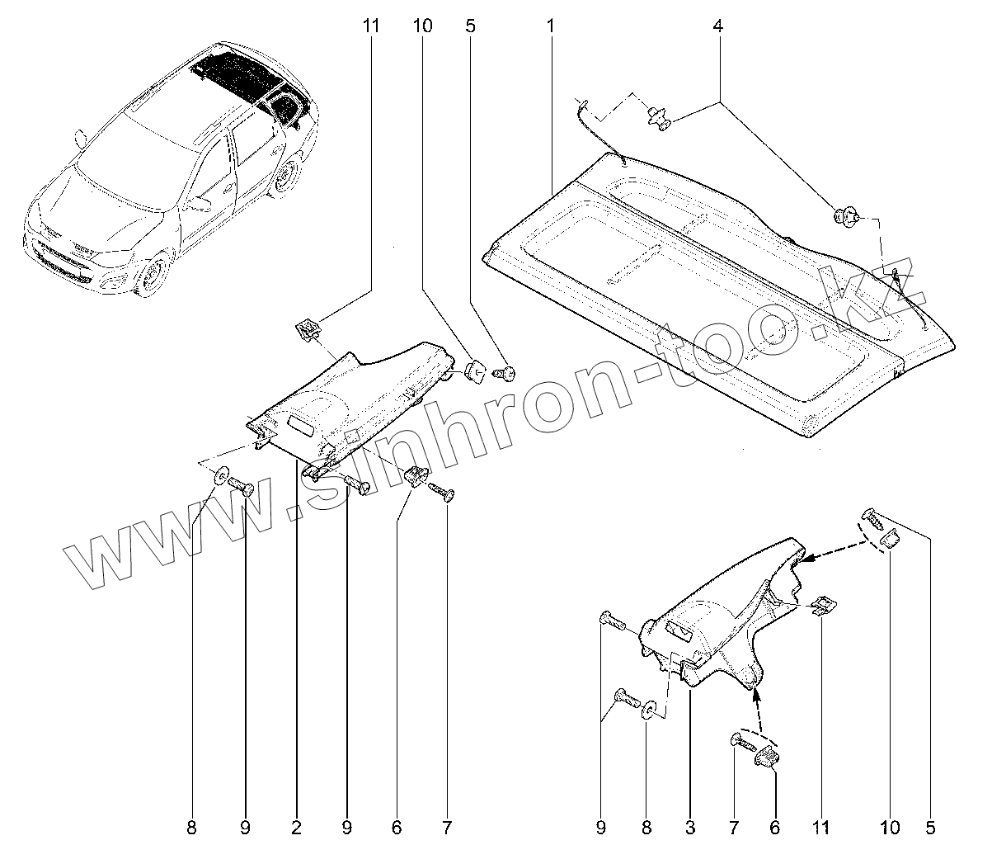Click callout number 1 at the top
coord(550,26)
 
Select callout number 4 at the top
coord(718,26)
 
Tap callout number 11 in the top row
coord(370,26)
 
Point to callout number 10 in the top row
coord(421,26)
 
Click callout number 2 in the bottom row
coord(296,825)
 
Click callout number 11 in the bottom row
coord(821,825)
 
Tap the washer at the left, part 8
coord(221,476)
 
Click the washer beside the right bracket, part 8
coord(649,710)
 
